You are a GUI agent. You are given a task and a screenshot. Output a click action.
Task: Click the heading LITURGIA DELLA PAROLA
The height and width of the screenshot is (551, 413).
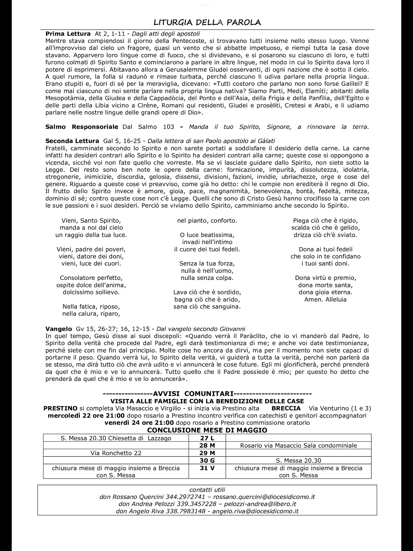(x=207, y=22)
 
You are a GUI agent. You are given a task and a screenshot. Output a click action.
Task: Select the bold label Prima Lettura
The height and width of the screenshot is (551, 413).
(x=68, y=34)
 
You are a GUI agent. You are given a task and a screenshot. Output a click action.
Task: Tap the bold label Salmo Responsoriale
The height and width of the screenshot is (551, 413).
(x=82, y=127)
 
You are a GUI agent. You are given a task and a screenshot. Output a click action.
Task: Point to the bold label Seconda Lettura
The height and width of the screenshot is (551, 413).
(x=72, y=141)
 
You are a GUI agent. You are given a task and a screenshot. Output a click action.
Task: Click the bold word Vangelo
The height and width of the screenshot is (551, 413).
(x=59, y=329)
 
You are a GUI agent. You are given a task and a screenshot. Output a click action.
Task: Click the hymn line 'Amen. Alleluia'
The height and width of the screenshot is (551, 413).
(x=325, y=299)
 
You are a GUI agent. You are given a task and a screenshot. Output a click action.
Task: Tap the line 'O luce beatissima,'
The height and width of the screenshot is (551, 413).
(x=207, y=235)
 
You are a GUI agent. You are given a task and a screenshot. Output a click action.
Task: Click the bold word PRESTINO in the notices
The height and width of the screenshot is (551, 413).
(x=60, y=408)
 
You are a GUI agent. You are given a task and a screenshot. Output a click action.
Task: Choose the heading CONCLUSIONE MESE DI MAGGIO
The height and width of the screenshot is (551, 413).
(x=207, y=430)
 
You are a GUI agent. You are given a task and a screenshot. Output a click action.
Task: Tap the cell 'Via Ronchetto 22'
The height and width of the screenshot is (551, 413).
(x=116, y=453)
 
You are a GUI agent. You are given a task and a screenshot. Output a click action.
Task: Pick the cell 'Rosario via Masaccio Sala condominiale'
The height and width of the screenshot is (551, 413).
(x=298, y=446)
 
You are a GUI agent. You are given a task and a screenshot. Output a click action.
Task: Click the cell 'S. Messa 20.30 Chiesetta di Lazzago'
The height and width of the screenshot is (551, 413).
(x=116, y=438)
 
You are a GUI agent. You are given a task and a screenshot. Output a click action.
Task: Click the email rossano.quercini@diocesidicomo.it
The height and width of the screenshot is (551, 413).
(x=264, y=497)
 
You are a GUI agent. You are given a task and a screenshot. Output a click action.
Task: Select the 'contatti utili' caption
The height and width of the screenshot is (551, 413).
(x=207, y=490)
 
